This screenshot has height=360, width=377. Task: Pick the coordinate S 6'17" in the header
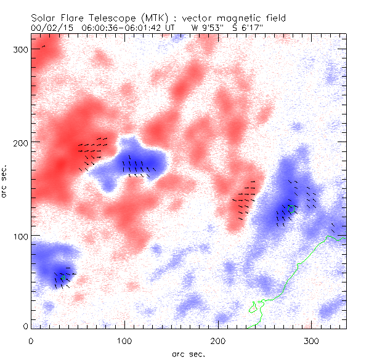tap(251, 28)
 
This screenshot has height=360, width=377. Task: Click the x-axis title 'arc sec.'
tap(188, 353)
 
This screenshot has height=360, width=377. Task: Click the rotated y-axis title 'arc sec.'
tap(6, 182)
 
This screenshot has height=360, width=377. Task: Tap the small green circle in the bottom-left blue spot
tap(63, 278)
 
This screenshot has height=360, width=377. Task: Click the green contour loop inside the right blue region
tap(291, 208)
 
